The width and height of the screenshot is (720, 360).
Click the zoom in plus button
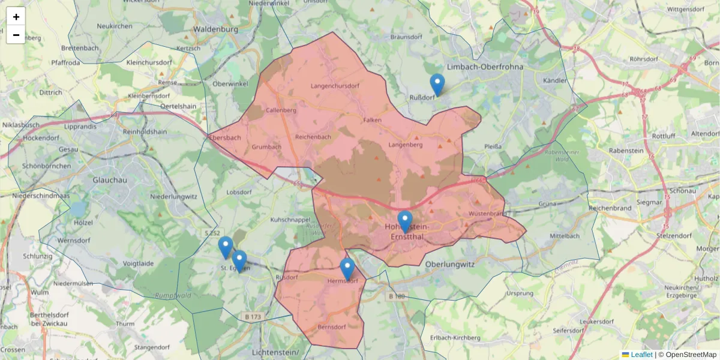tap(16, 17)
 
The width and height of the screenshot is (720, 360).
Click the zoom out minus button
tap(16, 35)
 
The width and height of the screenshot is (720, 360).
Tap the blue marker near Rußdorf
tap(437, 85)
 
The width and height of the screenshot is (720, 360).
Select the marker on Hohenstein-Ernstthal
tap(405, 221)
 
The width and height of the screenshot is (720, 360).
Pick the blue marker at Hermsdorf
tap(347, 269)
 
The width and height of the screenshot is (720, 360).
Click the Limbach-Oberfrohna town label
tap(485, 67)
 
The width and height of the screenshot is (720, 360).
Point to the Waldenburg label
tap(215, 29)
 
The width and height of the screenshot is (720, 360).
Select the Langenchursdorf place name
tap(335, 86)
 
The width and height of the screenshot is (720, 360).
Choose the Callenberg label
tap(281, 110)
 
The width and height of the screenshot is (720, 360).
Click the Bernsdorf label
tap(332, 327)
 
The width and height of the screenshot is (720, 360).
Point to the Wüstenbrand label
tap(488, 214)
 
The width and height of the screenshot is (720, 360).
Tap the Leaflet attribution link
tap(641, 355)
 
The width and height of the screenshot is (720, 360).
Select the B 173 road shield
tap(254, 316)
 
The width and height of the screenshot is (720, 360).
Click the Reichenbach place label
tap(313, 137)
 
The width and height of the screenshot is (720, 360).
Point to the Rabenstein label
tap(626, 151)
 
